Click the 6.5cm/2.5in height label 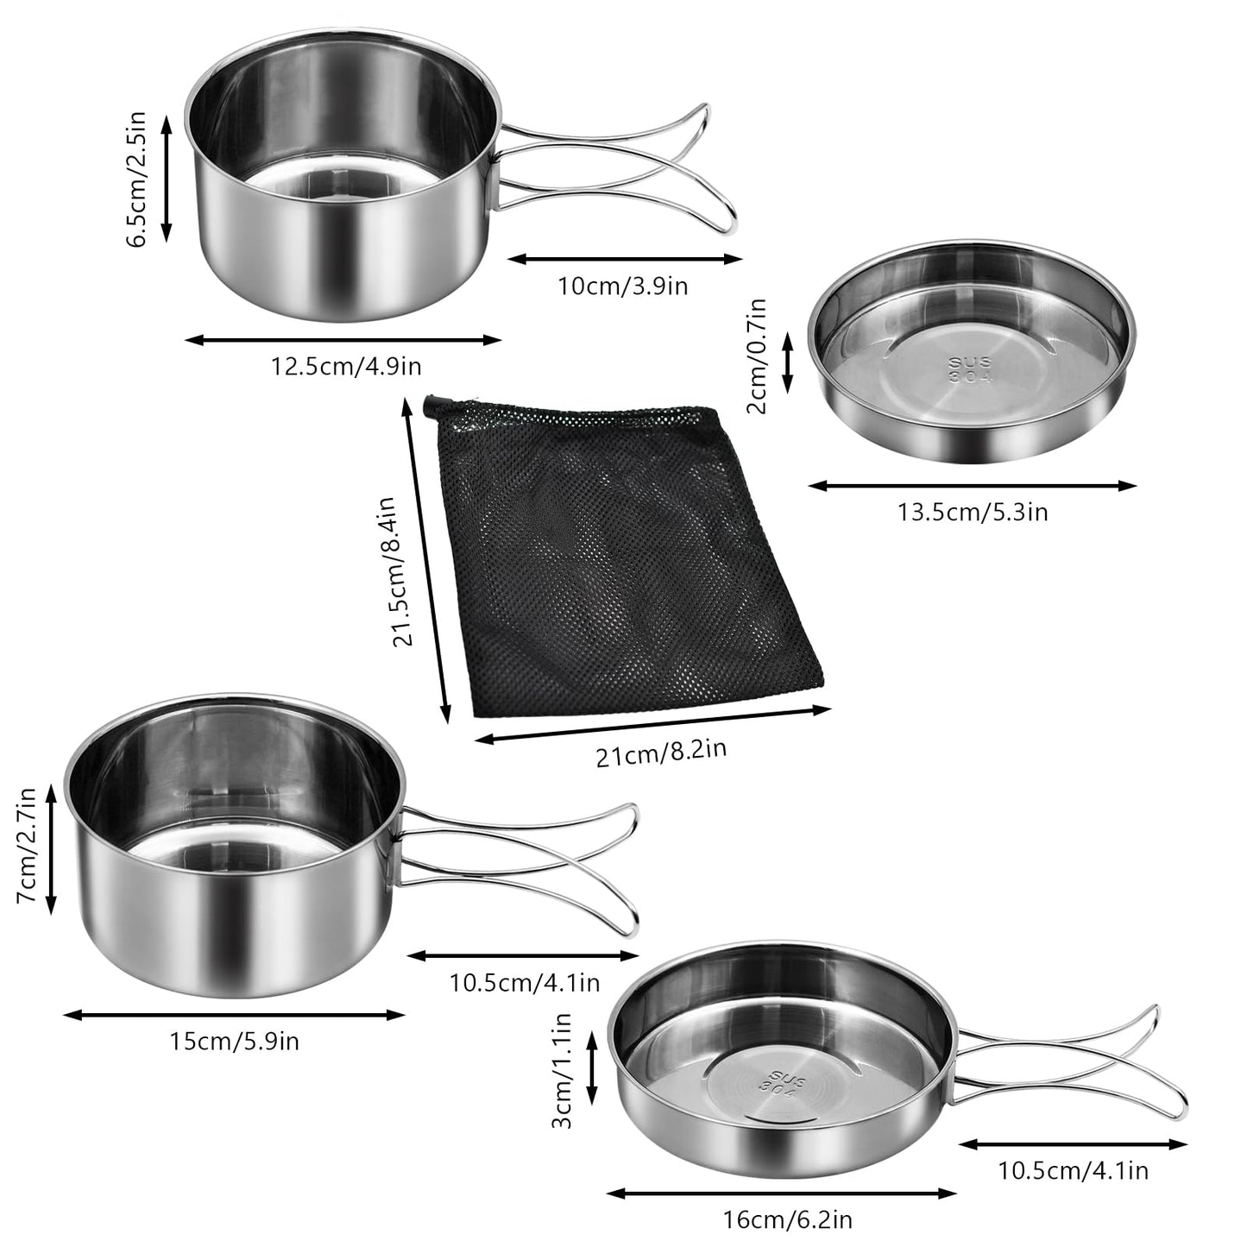[136, 179]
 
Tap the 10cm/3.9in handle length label [623, 286]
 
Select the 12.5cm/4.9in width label [346, 366]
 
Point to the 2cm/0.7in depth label [757, 356]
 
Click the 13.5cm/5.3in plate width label [973, 512]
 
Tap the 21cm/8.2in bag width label [661, 753]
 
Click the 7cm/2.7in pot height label [27, 846]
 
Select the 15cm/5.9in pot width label [234, 1042]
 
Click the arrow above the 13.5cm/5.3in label [973, 485]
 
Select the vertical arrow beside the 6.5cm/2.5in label [167, 179]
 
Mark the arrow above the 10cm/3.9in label [625, 260]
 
